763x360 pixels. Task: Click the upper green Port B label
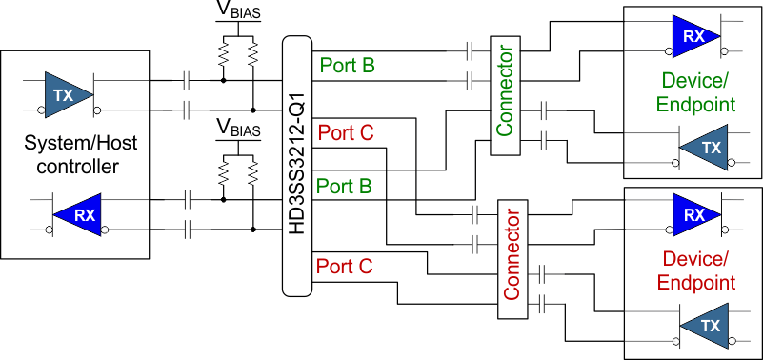point(347,66)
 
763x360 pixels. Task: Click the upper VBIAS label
point(237,15)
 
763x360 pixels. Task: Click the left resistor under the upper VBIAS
point(224,58)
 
